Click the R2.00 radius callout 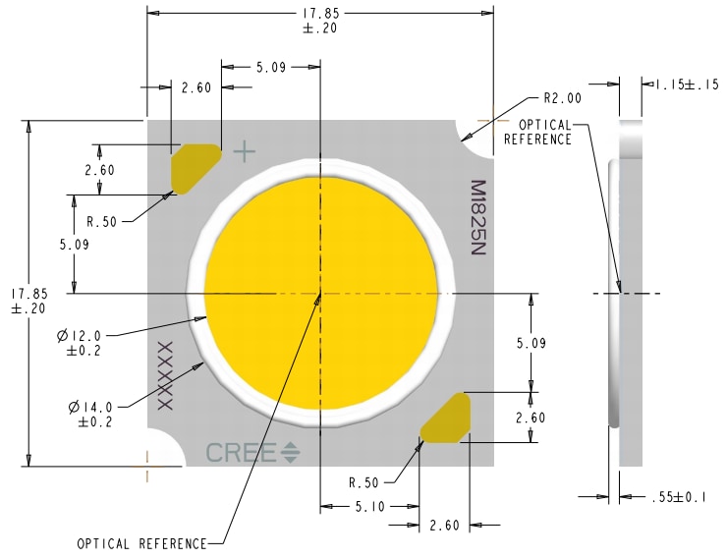click(x=562, y=98)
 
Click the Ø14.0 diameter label click(x=91, y=406)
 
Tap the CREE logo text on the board click(x=242, y=453)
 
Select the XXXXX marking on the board click(x=165, y=374)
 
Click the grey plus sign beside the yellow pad click(x=244, y=151)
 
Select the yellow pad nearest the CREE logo click(x=446, y=418)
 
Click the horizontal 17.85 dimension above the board click(x=320, y=21)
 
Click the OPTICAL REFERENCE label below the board click(x=142, y=543)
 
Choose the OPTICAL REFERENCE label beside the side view click(x=537, y=133)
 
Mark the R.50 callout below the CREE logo click(x=365, y=482)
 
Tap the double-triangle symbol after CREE click(x=291, y=453)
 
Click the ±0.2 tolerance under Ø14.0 click(x=95, y=421)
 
